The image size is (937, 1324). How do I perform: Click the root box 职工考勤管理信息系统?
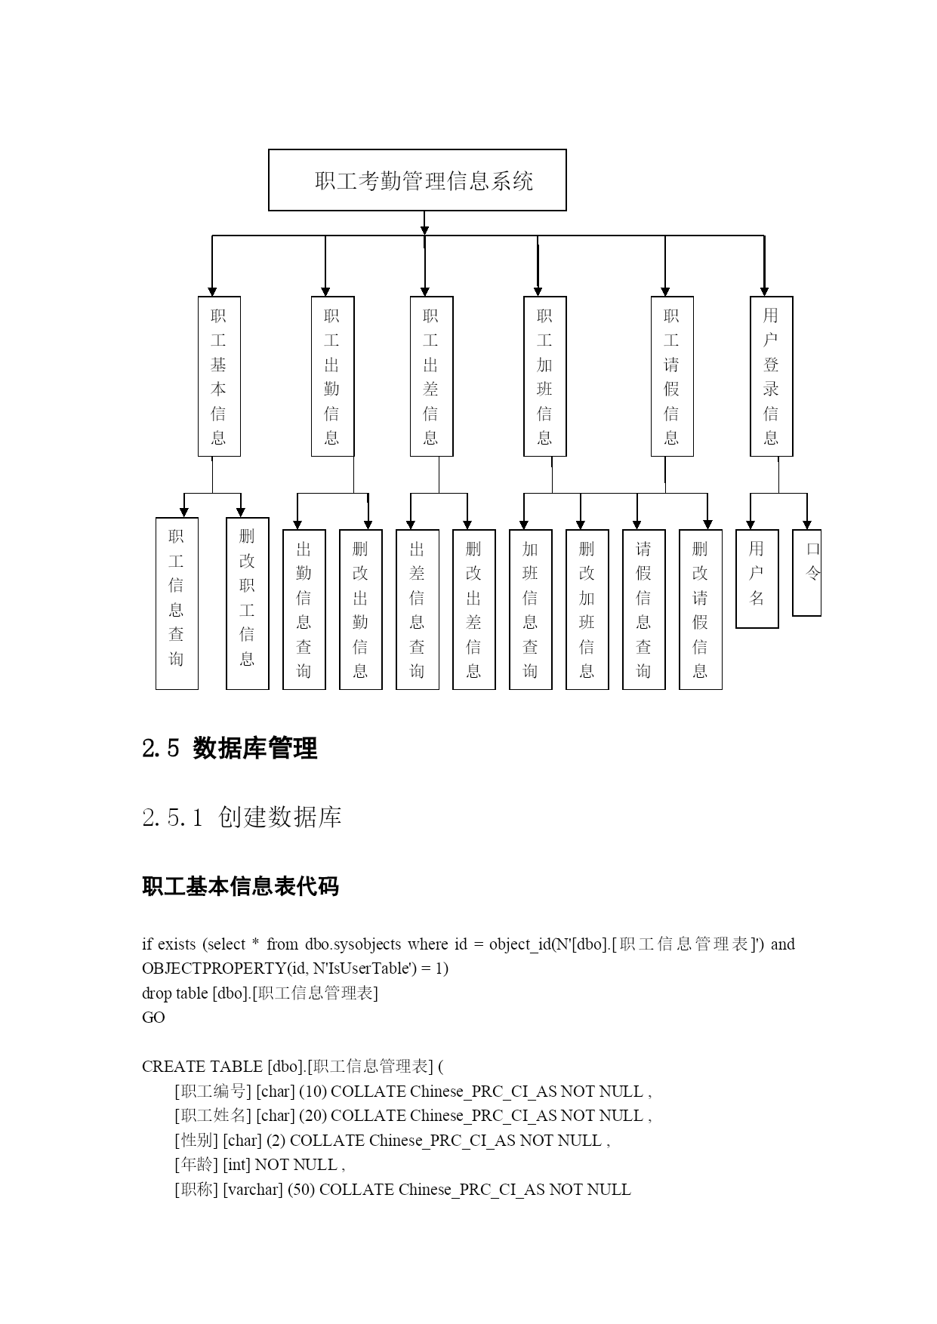tap(417, 180)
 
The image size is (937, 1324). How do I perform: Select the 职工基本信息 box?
tap(219, 376)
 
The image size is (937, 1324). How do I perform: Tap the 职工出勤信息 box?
tap(332, 376)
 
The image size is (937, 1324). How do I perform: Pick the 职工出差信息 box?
tap(431, 376)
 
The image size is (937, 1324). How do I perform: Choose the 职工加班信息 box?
tap(544, 376)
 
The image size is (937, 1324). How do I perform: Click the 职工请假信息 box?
tap(672, 376)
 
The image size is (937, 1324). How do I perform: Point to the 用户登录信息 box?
tap(771, 376)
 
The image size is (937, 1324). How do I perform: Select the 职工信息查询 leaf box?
tap(177, 603)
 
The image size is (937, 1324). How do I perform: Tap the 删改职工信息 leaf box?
tap(248, 603)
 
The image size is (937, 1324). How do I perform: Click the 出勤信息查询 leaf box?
tap(304, 609)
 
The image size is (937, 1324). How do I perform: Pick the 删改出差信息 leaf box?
tap(474, 609)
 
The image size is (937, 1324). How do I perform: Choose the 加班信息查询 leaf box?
tap(531, 609)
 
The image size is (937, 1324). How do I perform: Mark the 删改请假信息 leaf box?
tap(701, 609)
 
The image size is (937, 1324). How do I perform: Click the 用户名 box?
tap(757, 578)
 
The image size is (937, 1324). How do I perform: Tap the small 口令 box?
tap(806, 572)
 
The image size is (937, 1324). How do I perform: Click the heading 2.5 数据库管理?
tap(230, 748)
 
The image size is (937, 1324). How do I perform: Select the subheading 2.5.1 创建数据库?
tap(242, 816)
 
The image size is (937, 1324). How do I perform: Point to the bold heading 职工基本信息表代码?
tap(240, 885)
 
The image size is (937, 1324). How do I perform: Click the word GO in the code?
tap(153, 1018)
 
